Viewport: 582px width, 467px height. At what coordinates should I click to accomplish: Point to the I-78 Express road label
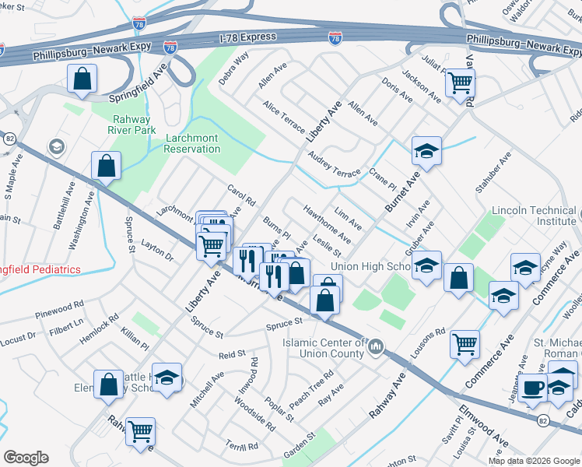click(x=250, y=37)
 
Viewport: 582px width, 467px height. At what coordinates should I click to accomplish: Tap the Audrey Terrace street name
click(x=334, y=164)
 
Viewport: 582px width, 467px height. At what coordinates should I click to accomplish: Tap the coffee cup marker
click(x=533, y=388)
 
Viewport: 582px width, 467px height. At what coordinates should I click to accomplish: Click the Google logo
click(x=26, y=458)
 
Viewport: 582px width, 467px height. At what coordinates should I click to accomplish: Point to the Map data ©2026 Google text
click(x=533, y=461)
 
